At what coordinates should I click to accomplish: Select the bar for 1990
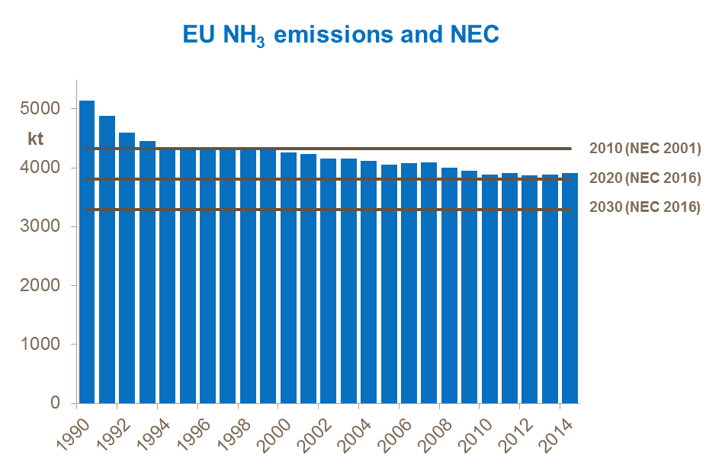pyautogui.click(x=87, y=252)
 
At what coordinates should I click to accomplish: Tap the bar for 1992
pyautogui.click(x=127, y=267)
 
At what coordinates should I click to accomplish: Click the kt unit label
pyautogui.click(x=36, y=139)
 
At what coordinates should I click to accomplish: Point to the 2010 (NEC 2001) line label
pyautogui.click(x=644, y=149)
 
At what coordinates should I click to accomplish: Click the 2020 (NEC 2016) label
pyautogui.click(x=644, y=179)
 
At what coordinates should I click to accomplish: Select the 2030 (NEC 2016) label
pyautogui.click(x=644, y=207)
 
